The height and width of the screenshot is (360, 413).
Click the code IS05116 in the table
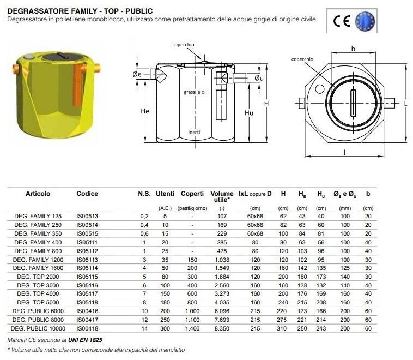coord(87,286)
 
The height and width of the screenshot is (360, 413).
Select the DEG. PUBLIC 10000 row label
coord(39,328)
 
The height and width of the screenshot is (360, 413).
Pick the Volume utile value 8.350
coord(222,328)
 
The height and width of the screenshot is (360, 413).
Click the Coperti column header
coord(192,194)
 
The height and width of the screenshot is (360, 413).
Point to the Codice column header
coord(87,194)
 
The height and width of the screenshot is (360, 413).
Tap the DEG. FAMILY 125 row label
coord(38,215)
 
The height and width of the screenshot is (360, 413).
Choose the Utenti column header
coord(165,194)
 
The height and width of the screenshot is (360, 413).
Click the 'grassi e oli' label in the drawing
coord(195,92)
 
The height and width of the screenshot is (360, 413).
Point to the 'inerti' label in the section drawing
coord(195,133)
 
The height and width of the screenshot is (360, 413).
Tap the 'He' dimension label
coord(144,111)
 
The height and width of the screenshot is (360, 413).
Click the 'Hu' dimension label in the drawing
coord(249,113)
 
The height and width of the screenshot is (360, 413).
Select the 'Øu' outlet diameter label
coord(259,78)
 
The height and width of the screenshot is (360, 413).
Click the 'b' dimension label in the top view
coord(353,49)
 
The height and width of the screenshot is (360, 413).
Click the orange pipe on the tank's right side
coord(98,69)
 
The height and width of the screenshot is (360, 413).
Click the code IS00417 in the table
coord(87,320)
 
